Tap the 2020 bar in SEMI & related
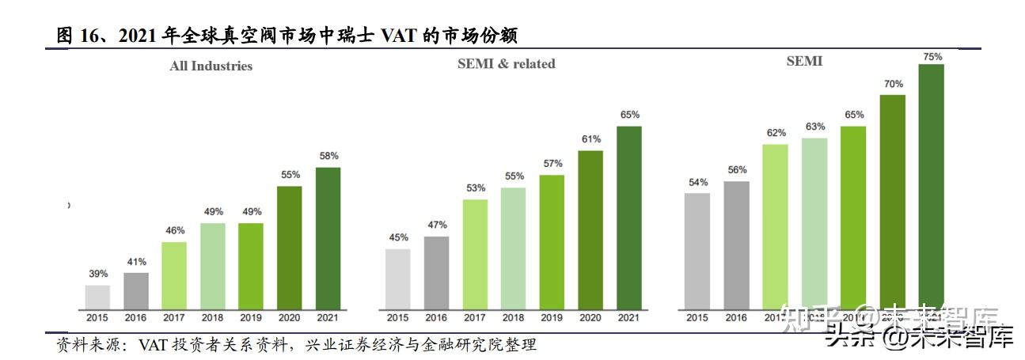(590, 229)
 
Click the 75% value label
(932, 56)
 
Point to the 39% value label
(98, 274)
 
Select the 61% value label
(590, 139)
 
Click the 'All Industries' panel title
(211, 66)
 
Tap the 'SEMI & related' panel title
(507, 64)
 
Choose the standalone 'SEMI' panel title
(804, 61)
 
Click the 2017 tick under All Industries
(175, 318)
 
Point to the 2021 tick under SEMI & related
(628, 318)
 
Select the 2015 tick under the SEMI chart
(697, 318)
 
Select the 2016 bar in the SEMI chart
(736, 244)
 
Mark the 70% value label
(894, 83)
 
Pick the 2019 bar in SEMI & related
(552, 241)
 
